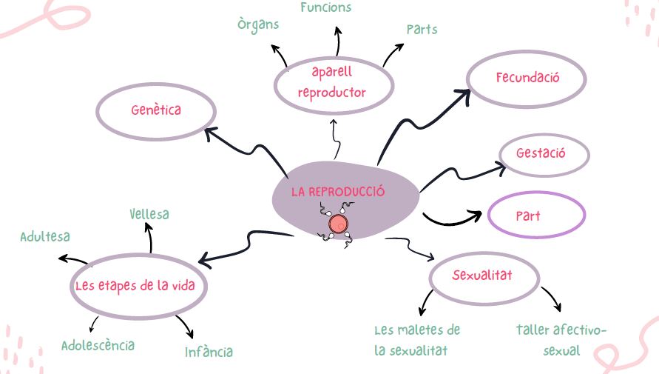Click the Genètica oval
[x=156, y=111]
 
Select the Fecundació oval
[x=527, y=78]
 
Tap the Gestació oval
[x=541, y=154]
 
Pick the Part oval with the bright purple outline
[x=536, y=216]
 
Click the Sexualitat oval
[x=482, y=277]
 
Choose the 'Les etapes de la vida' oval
[x=138, y=286]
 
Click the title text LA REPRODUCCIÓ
[x=338, y=191]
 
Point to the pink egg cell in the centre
[x=337, y=222]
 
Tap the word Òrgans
[x=258, y=24]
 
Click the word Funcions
[x=325, y=7]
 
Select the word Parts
[x=422, y=30]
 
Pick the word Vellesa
[x=149, y=214]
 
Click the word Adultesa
[x=45, y=236]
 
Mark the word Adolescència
[x=98, y=345]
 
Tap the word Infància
[x=209, y=351]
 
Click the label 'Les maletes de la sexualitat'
[x=417, y=339]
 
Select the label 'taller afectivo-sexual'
[x=561, y=339]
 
